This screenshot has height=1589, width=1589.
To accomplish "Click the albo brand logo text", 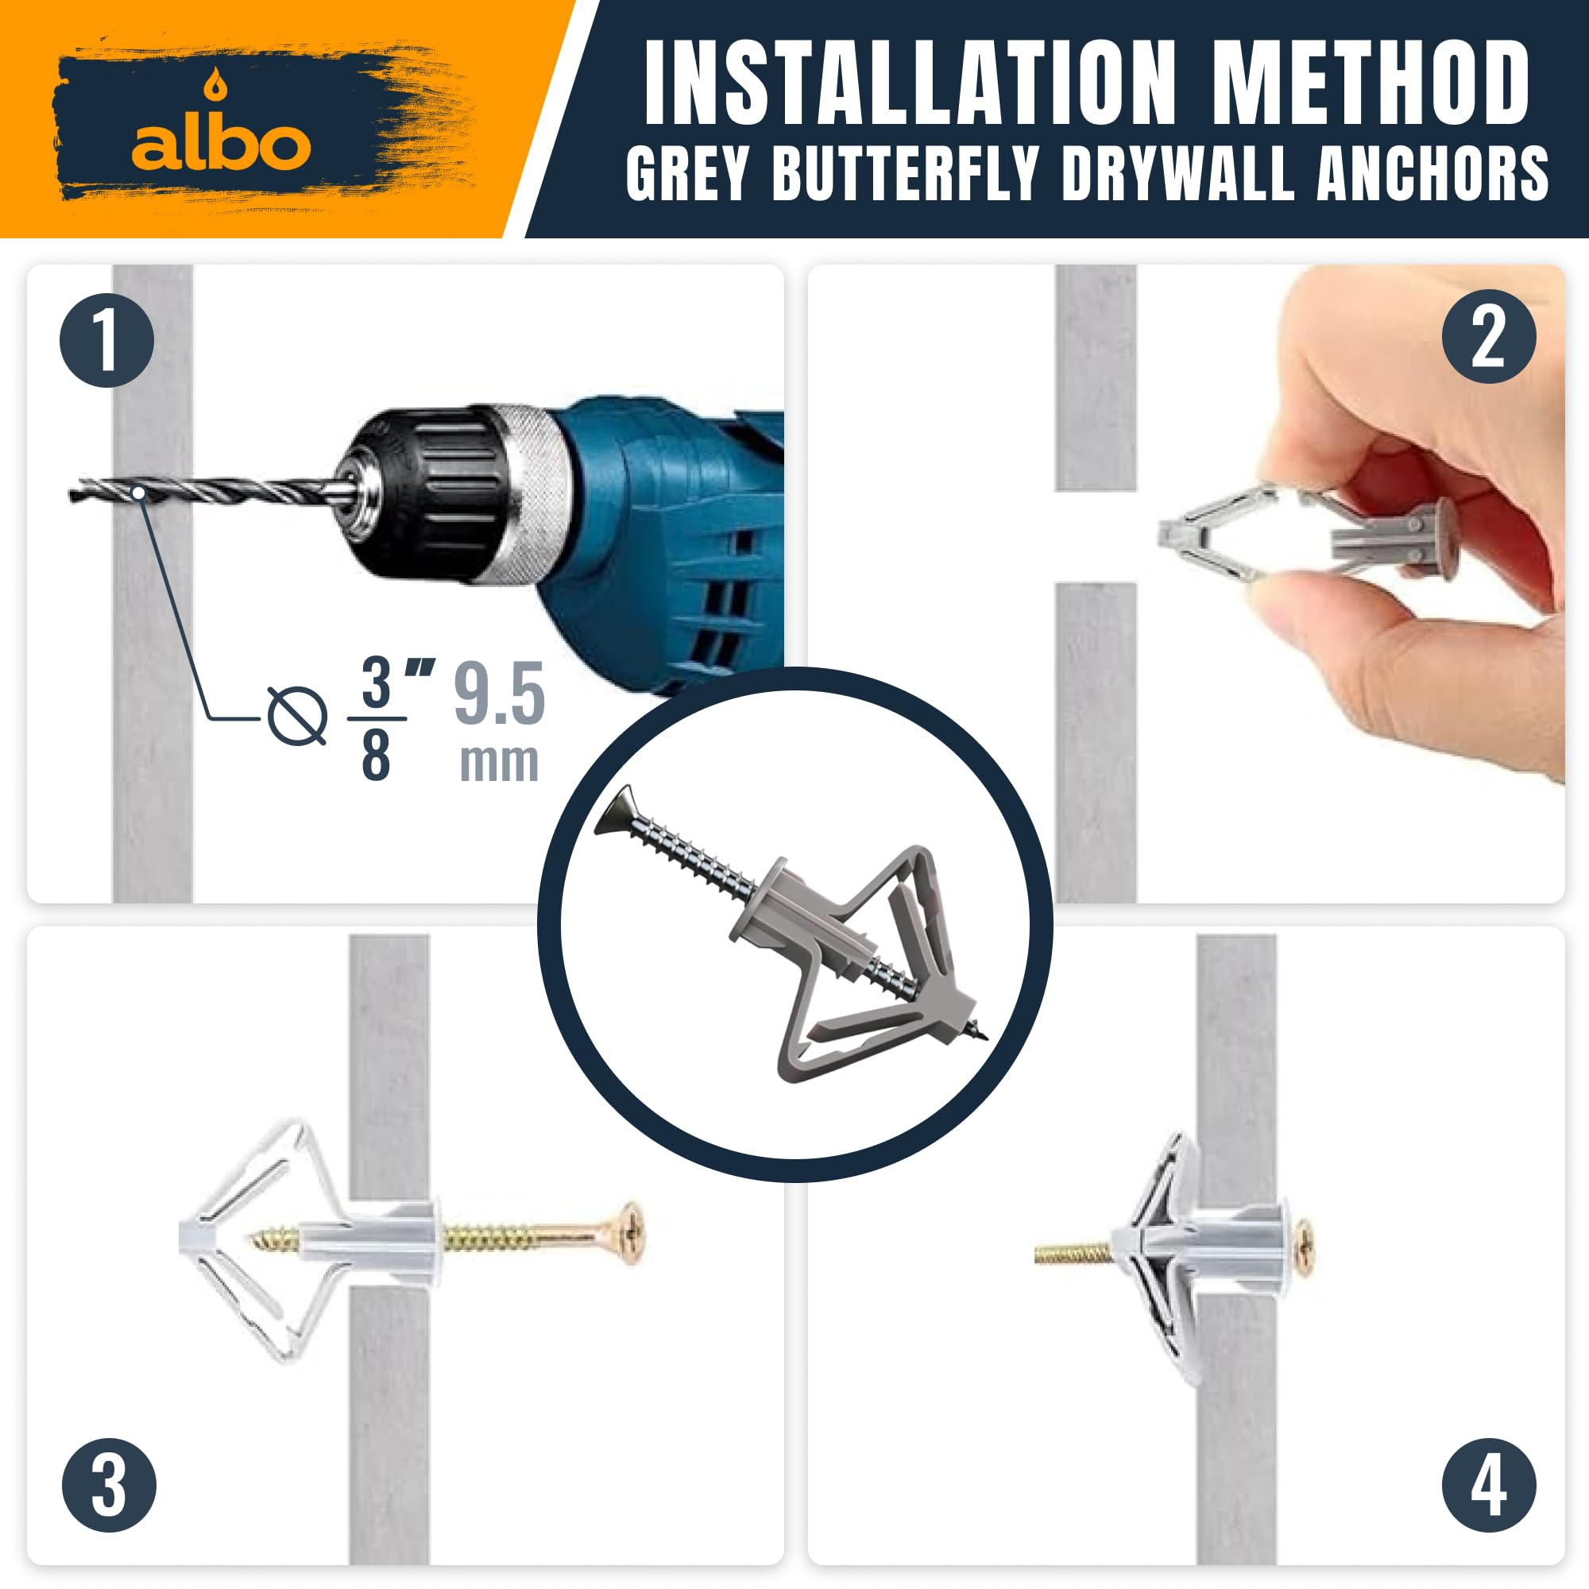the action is click(x=221, y=145).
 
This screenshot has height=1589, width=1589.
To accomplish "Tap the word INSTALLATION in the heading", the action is click(x=910, y=83).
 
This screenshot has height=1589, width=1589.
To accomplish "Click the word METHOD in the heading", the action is click(x=1370, y=83).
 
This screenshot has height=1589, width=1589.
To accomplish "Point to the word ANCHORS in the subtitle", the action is click(x=1432, y=173).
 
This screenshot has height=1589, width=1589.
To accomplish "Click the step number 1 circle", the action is click(x=107, y=340).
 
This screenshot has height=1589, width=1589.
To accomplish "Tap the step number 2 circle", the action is click(x=1489, y=335).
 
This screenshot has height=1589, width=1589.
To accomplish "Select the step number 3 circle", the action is click(x=110, y=1485).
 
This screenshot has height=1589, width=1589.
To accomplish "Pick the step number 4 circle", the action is click(x=1489, y=1485).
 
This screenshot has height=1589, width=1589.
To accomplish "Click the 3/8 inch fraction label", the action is click(x=387, y=718).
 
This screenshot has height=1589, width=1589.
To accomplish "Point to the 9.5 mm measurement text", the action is click(x=499, y=721).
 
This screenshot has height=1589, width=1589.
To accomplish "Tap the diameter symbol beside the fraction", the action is click(x=297, y=716).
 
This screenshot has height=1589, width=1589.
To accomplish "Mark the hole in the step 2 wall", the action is click(x=1096, y=537).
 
